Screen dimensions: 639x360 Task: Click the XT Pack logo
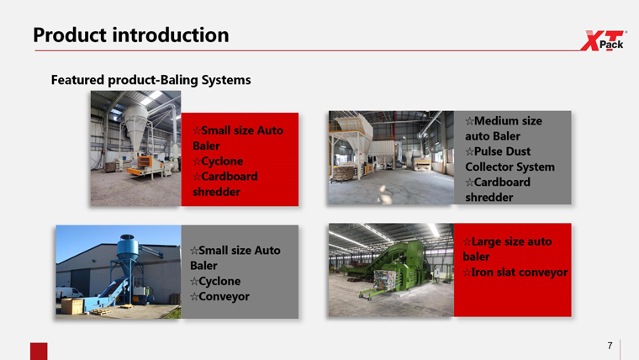(x=604, y=40)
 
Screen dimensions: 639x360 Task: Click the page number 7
(x=610, y=346)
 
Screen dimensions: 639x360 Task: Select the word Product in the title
(x=69, y=35)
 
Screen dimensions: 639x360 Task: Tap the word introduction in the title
(x=171, y=35)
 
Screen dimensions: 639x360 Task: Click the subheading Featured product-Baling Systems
(x=151, y=80)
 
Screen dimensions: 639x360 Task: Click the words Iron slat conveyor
(x=520, y=272)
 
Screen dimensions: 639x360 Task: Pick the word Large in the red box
(x=486, y=241)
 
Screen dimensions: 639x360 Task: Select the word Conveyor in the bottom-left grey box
(x=224, y=296)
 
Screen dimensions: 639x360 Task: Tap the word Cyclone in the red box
(x=222, y=161)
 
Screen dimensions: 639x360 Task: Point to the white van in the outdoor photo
(x=69, y=293)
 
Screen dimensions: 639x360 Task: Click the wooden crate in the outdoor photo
(x=72, y=306)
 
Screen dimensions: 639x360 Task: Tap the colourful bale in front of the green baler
(x=385, y=280)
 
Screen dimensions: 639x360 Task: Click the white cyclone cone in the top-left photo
(x=135, y=129)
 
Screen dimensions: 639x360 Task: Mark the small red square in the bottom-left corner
(x=39, y=351)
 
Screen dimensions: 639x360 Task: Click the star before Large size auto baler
(x=467, y=241)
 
